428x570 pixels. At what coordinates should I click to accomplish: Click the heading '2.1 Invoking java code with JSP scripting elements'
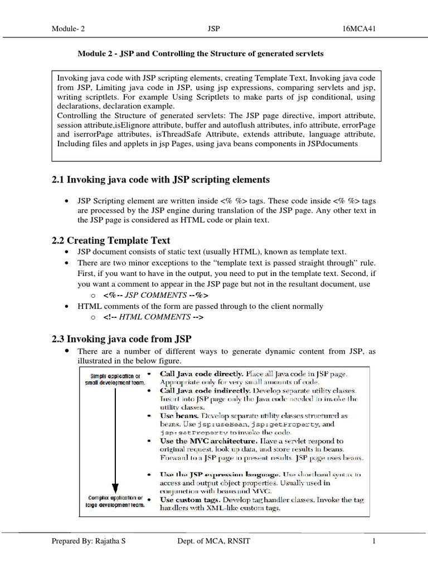pos(160,179)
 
